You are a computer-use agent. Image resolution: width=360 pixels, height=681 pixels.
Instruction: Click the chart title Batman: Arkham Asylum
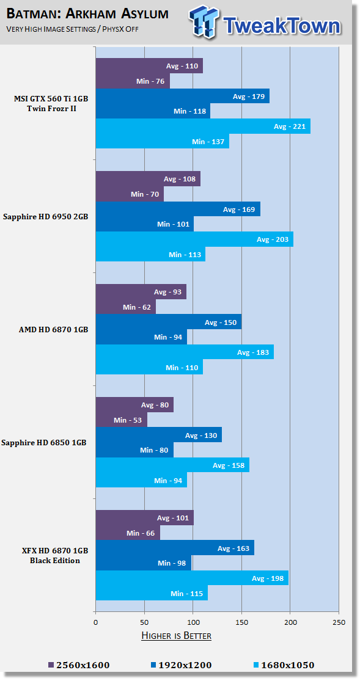tap(87, 14)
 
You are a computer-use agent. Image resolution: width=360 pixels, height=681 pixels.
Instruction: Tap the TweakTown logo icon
tap(204, 23)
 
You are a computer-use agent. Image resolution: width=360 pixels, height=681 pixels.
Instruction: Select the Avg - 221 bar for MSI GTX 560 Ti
tap(203, 126)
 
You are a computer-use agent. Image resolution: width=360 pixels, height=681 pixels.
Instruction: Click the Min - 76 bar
tap(133, 81)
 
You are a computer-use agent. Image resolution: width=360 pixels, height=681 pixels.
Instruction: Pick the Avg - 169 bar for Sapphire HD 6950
tap(178, 209)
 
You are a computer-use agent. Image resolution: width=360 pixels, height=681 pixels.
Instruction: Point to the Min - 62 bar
tap(126, 307)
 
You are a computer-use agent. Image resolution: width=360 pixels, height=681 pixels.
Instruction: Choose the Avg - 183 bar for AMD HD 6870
tap(185, 352)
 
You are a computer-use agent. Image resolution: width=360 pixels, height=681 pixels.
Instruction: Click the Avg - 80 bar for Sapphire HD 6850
tap(134, 405)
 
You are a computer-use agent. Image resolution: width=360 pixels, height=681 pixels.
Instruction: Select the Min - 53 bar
tap(121, 420)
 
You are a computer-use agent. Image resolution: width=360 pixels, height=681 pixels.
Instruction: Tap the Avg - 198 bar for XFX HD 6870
tap(192, 578)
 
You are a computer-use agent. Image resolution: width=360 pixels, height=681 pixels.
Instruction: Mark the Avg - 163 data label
tap(233, 548)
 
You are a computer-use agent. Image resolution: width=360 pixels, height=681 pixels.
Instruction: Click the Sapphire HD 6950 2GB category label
tap(46, 217)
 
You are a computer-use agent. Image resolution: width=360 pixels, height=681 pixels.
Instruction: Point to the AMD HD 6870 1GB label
tap(53, 330)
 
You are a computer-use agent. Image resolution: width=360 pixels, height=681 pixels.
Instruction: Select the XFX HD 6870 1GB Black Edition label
tap(55, 555)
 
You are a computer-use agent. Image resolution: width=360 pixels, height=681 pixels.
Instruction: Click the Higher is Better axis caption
tap(177, 636)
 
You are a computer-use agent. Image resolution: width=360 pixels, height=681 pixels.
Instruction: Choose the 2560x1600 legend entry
tap(79, 665)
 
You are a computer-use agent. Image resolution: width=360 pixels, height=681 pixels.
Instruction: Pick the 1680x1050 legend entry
tap(284, 665)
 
